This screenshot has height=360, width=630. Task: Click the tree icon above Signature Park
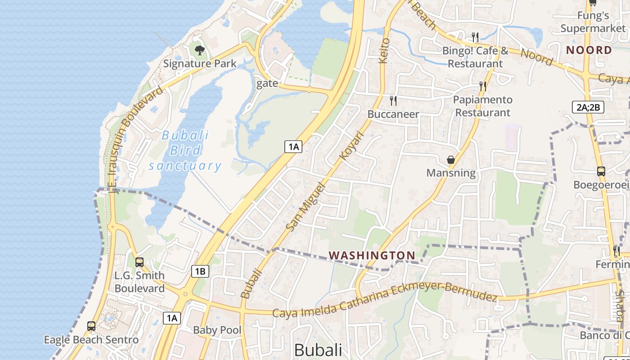(x=199, y=50)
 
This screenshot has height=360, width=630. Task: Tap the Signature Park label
(x=199, y=63)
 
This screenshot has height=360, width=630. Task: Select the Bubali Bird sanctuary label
(x=185, y=150)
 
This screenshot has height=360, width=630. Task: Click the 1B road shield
(x=200, y=271)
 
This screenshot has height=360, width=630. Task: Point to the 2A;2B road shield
(x=588, y=107)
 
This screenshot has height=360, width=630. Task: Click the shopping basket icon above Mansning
(x=450, y=160)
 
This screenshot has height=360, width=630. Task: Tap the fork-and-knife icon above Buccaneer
(x=393, y=100)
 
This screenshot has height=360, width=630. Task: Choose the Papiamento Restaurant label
(x=482, y=106)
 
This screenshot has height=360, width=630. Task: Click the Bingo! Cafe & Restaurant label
(x=475, y=57)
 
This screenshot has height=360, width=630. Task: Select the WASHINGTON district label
(x=372, y=256)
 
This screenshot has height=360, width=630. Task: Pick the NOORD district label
(x=589, y=50)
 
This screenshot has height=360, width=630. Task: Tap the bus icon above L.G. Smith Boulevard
(x=139, y=262)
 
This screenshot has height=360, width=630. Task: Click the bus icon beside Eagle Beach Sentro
(x=91, y=326)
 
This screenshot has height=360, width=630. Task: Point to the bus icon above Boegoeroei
(x=601, y=171)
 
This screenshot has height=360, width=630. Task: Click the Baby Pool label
(x=217, y=330)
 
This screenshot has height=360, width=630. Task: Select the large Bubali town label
(x=318, y=350)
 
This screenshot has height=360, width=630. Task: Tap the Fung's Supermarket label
(x=593, y=22)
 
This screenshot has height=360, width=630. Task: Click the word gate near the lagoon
(x=267, y=84)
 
